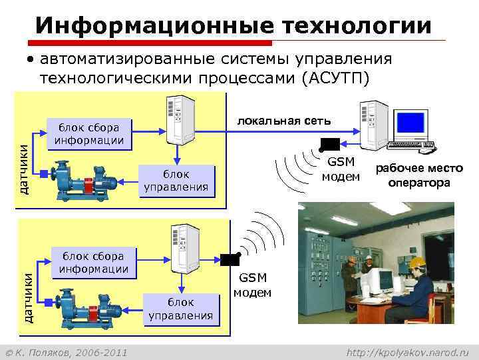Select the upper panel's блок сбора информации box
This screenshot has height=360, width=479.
coord(89,133)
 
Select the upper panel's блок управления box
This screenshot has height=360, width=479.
coord(176,180)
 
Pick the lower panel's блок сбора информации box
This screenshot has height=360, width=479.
coord(94,262)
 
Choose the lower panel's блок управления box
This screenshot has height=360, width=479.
coord(181,309)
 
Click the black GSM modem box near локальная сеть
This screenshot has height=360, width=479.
coord(329,144)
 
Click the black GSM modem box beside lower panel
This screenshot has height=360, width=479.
coord(230,259)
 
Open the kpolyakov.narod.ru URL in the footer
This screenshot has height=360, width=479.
coord(408,351)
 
